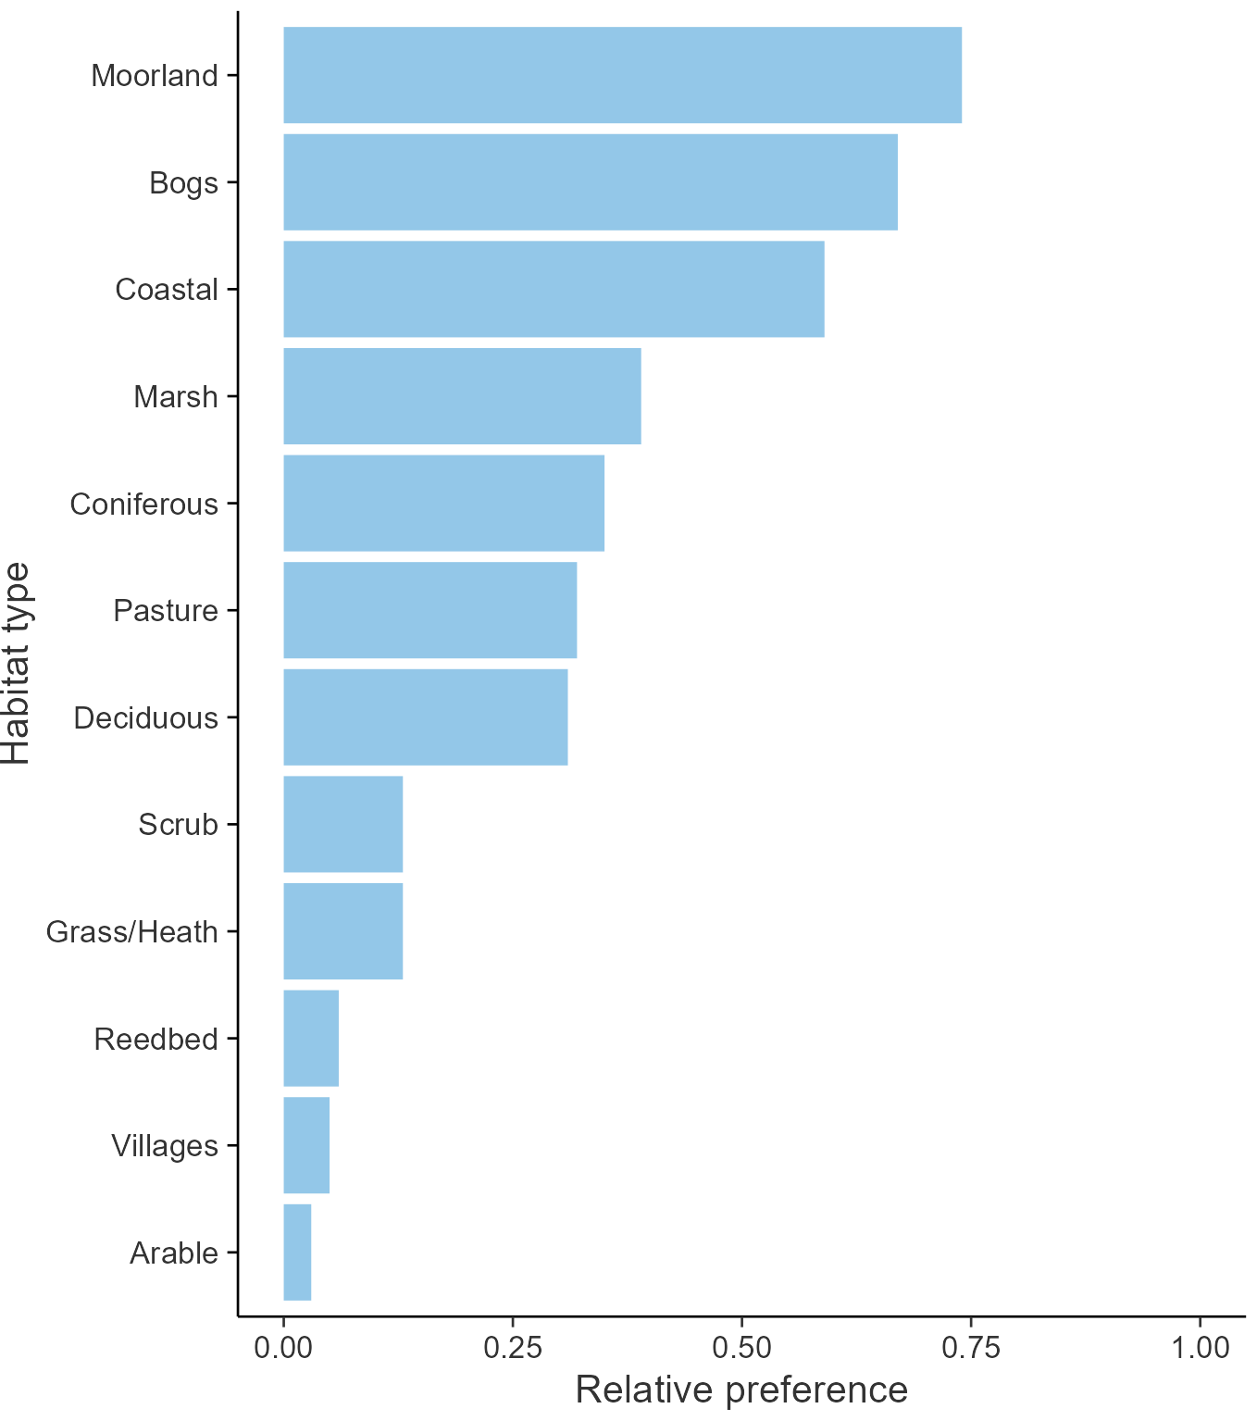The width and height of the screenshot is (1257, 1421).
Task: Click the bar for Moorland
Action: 622,75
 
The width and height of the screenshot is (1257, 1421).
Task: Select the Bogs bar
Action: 590,182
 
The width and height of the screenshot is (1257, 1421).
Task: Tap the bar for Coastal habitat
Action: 554,289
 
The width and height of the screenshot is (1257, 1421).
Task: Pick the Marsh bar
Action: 462,396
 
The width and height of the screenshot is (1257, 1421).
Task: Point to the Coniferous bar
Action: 443,503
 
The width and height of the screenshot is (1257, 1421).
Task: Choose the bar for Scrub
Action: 342,824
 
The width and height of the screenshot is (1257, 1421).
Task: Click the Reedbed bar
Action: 310,1038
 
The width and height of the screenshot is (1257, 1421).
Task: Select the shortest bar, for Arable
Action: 297,1252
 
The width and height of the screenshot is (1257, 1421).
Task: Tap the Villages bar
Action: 306,1145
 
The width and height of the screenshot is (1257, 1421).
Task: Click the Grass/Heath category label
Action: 132,931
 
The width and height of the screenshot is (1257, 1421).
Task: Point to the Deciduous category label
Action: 145,717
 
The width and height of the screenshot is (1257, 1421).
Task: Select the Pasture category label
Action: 166,610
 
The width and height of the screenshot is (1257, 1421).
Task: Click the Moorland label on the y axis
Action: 155,75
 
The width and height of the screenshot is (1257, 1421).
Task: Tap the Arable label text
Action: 174,1253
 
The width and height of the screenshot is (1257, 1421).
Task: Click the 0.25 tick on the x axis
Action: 512,1347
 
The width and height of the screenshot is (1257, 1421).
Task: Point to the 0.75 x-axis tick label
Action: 970,1347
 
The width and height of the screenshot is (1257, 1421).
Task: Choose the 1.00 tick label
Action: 1200,1347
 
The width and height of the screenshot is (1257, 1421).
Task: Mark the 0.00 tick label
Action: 283,1347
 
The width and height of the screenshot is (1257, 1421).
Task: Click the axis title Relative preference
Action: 741,1390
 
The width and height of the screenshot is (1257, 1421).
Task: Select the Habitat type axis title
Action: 17,663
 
